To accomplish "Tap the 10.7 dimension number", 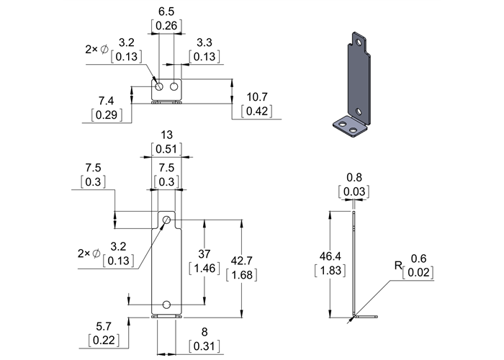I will (x=258, y=96).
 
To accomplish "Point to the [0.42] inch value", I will (x=258, y=111).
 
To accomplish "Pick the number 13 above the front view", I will (x=166, y=135).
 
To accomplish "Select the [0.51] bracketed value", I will (x=166, y=149).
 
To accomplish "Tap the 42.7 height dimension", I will (x=241, y=260).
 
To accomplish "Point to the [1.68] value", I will (x=241, y=274).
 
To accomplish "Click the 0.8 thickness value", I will (x=354, y=176).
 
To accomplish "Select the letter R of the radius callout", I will (x=397, y=266).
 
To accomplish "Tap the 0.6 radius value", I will (x=418, y=258).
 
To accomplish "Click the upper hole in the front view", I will (x=166, y=219).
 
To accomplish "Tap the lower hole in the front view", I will (x=166, y=304).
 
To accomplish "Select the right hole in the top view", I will (x=174, y=87).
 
